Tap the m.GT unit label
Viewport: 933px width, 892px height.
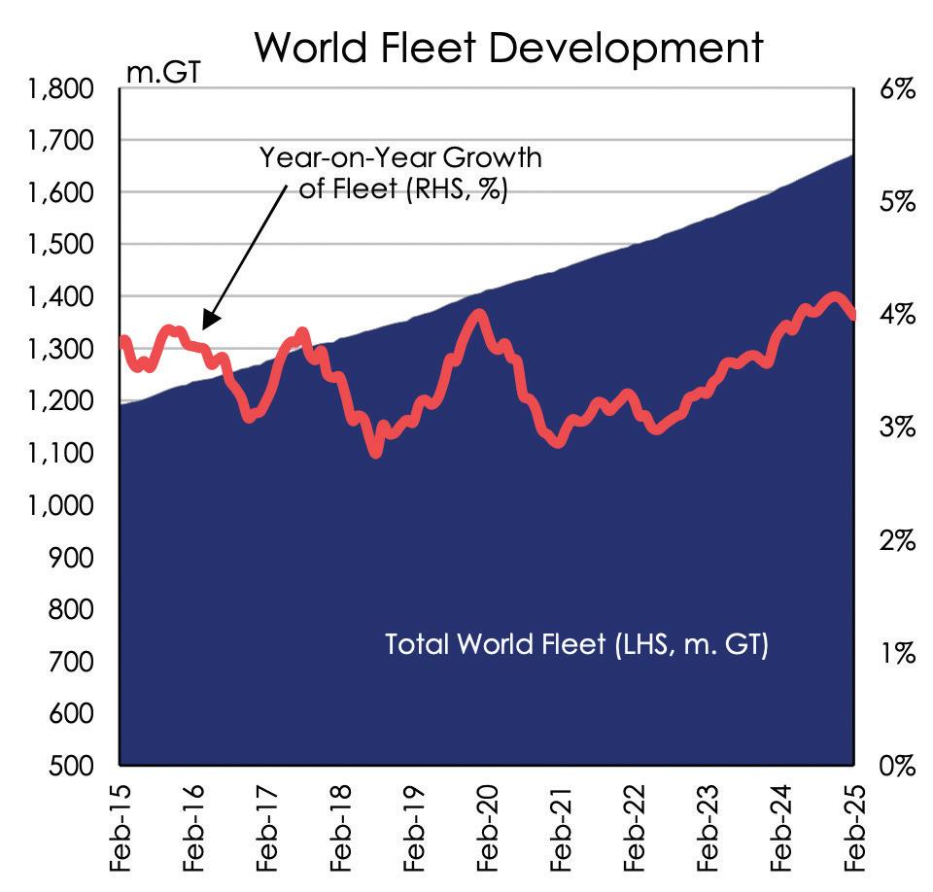click(162, 71)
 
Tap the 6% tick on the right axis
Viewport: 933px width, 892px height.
click(895, 89)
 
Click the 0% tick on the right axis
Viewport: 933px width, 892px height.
click(895, 766)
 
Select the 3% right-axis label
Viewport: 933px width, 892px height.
click(895, 428)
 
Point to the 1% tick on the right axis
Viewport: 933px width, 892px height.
click(895, 653)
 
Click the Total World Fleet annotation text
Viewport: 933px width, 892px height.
click(576, 644)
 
